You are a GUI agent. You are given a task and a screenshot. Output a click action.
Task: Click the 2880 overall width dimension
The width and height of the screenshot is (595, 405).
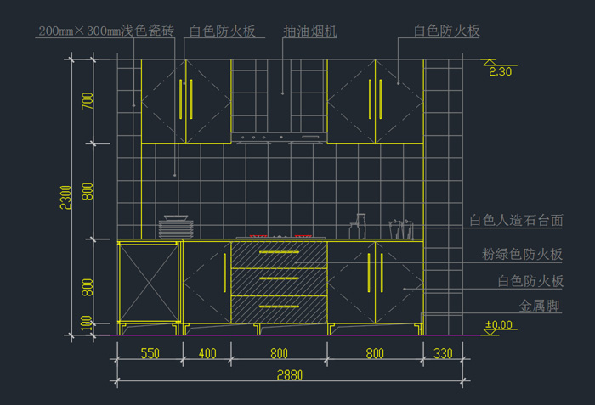[289, 374]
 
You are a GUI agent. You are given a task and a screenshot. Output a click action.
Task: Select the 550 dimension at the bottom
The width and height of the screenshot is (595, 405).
[150, 352]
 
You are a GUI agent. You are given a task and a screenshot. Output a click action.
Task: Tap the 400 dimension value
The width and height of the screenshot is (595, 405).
[207, 352]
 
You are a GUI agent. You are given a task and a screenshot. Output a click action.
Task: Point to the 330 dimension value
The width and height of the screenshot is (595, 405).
[443, 352]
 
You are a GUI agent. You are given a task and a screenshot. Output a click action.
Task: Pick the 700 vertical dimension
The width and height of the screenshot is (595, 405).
[88, 102]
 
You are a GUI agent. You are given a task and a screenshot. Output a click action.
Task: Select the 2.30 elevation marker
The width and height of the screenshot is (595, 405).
[500, 71]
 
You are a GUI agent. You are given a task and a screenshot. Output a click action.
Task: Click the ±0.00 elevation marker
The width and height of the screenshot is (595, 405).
[499, 324]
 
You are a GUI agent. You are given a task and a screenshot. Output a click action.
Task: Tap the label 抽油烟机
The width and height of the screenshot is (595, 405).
[310, 31]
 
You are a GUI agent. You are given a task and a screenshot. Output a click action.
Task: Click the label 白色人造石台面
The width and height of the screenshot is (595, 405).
[516, 220]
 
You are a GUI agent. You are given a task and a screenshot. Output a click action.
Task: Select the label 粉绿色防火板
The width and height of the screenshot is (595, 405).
[523, 254]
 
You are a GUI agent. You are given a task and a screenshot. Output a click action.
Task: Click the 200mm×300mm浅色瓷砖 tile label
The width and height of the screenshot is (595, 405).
[106, 31]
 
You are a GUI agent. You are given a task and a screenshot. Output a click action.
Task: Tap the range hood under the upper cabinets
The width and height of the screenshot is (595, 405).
[279, 138]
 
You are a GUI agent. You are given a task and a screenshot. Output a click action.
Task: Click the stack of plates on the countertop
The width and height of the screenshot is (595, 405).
[177, 227]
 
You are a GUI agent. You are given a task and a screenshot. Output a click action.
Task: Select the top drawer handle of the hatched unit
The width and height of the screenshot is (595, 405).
[279, 252]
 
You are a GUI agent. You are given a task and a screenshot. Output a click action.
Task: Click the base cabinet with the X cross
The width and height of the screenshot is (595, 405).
[149, 282]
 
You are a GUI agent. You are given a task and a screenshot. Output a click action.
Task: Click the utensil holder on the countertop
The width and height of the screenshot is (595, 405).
[401, 228]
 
